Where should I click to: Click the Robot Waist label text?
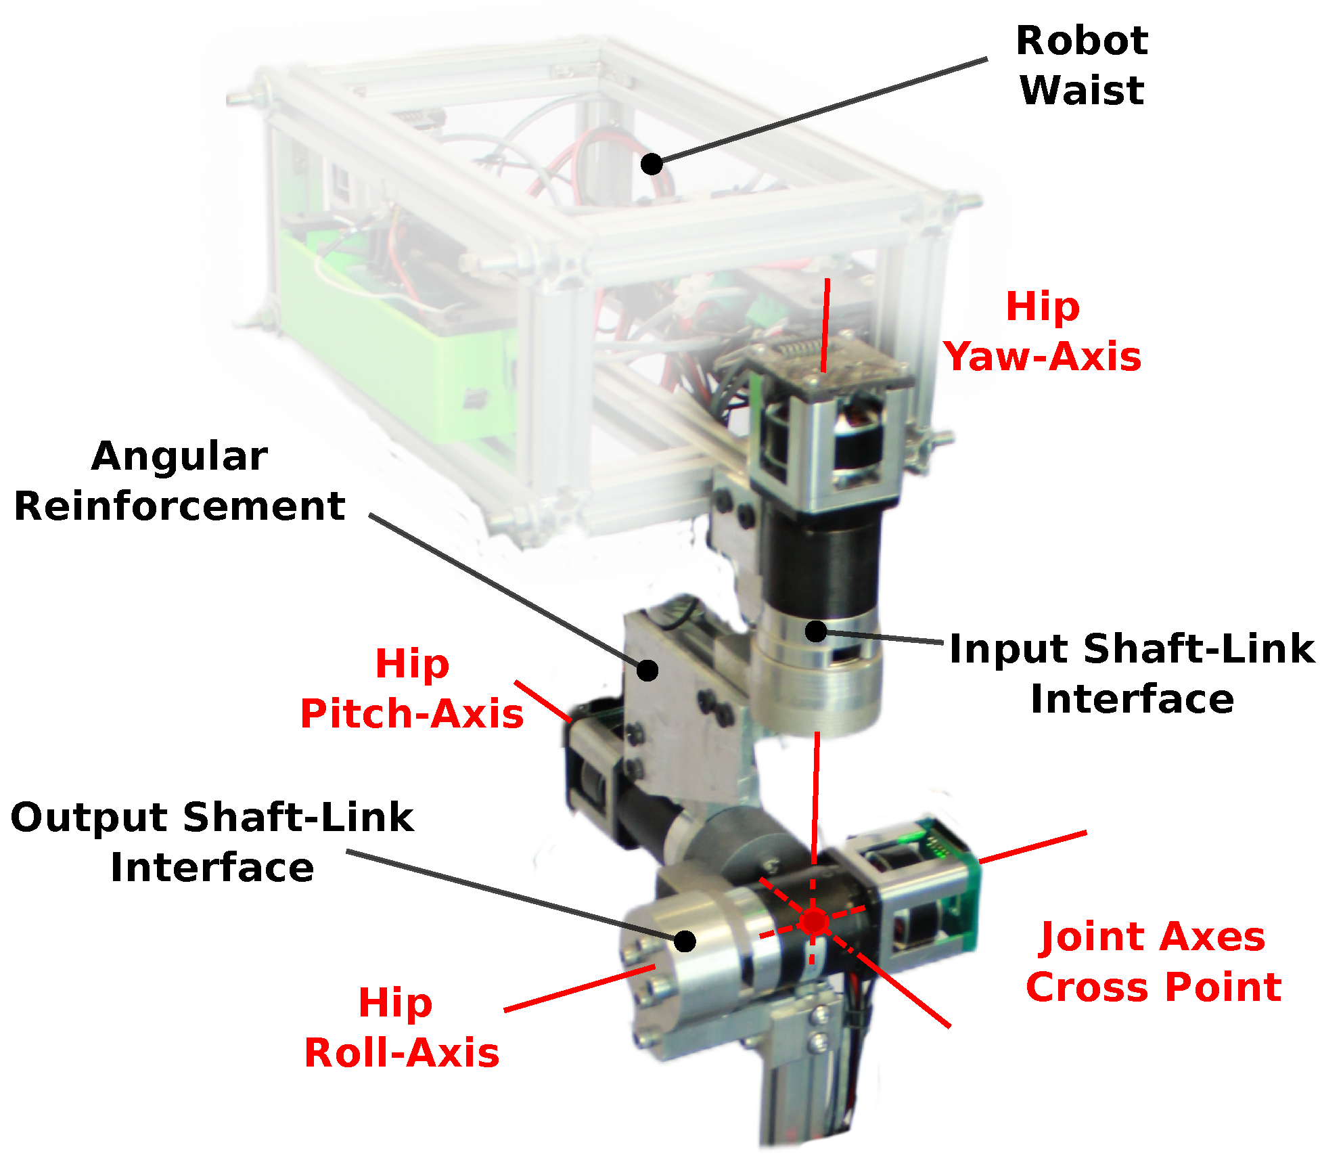(x=1081, y=66)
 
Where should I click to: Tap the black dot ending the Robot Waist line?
(x=652, y=164)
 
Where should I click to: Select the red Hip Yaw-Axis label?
(x=1043, y=332)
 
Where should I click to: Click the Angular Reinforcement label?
(x=179, y=481)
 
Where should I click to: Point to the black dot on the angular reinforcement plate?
(x=647, y=670)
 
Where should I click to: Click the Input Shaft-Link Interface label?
(x=1132, y=673)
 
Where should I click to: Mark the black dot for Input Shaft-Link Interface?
(x=817, y=631)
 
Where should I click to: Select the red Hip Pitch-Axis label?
(x=412, y=688)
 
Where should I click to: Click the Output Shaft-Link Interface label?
(x=212, y=842)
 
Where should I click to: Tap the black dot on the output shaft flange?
(x=685, y=941)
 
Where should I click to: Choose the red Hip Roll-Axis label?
(x=401, y=1027)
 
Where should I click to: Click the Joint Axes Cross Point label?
(x=1153, y=962)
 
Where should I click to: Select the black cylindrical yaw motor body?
(x=822, y=562)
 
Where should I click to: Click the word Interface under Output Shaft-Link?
(x=212, y=868)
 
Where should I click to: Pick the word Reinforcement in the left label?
(x=179, y=506)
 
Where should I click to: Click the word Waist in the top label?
(x=1081, y=91)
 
